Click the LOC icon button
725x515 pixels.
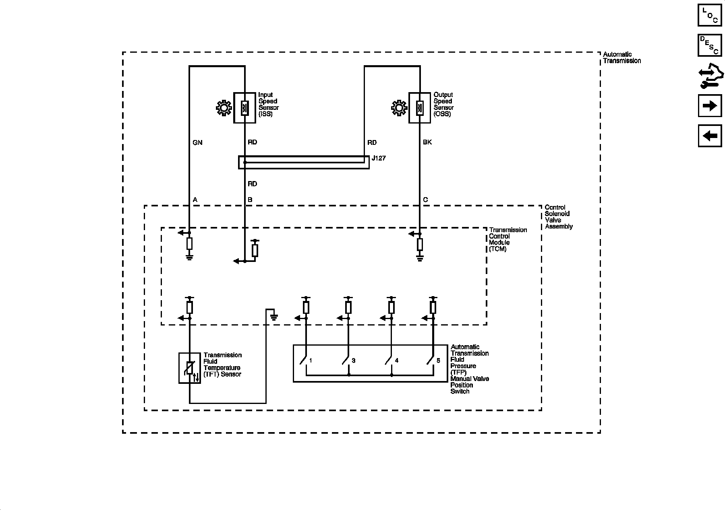710,15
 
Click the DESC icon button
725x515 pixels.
710,45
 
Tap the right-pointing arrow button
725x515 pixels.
710,106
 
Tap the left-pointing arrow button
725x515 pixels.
710,136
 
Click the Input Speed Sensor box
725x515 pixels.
244,107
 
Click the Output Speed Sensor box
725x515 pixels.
420,107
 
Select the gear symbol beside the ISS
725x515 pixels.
223,108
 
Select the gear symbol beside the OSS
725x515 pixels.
398,108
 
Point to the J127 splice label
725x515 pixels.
379,158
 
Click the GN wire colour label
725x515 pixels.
197,142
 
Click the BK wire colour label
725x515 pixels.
427,142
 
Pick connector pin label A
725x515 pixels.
195,200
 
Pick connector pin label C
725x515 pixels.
426,200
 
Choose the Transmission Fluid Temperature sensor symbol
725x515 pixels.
190,368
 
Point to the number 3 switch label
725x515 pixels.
353,360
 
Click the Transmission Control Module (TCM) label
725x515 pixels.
507,239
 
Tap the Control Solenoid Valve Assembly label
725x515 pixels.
558,217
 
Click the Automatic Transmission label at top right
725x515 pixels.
621,58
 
